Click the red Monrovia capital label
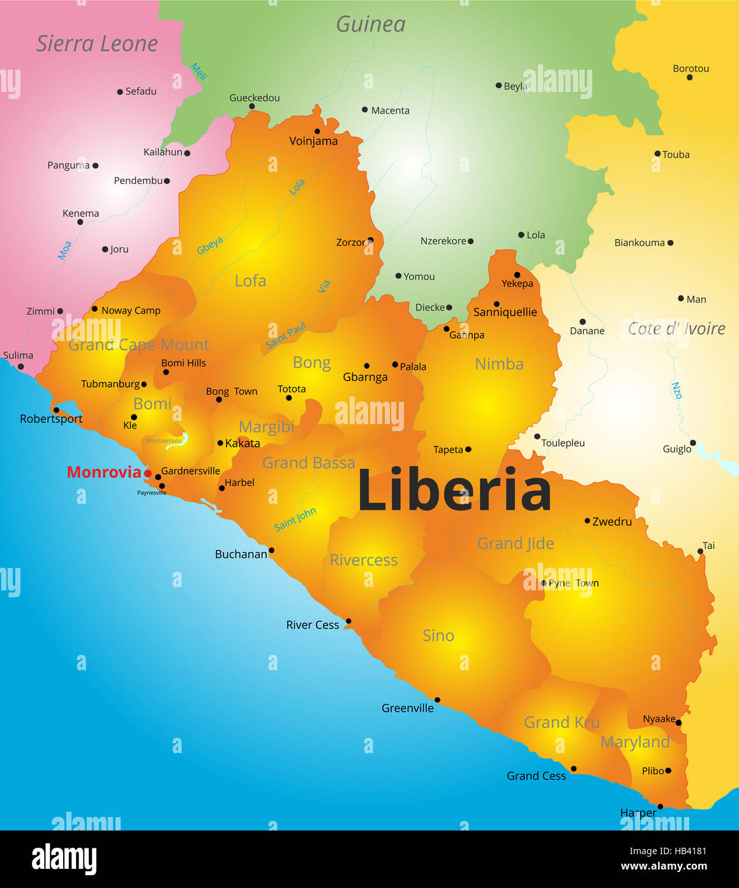pos(103,472)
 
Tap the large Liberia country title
pos(454,491)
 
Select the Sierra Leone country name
pos(97,43)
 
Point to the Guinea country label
pos(371,24)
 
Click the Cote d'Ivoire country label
pos(676,328)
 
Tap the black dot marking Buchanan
pos(271,550)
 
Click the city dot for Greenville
pos(437,700)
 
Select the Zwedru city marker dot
pos(587,521)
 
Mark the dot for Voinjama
pos(317,131)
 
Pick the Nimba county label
pos(499,364)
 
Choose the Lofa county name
pos(250,280)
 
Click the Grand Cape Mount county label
pos(138,345)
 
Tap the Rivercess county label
pos(364,560)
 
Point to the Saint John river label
pos(295,519)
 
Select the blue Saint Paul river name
pos(286,335)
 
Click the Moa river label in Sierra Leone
pos(64,250)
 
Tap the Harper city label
pos(638,813)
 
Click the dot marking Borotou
pos(689,77)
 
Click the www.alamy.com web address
pos(664,866)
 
